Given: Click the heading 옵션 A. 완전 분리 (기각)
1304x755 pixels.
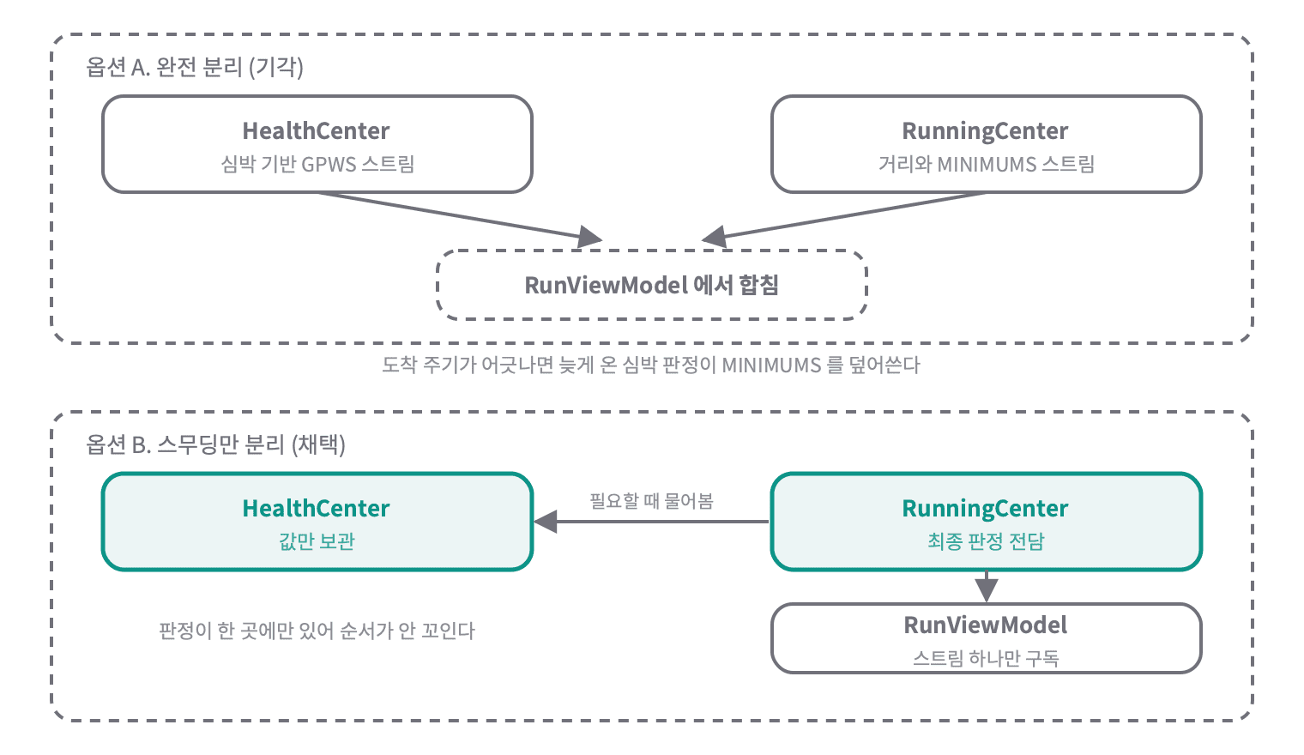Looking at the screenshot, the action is click(x=195, y=67).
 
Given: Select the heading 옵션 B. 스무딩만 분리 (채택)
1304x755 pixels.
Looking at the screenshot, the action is click(x=215, y=444).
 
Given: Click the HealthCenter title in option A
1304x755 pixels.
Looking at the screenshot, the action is click(x=316, y=131).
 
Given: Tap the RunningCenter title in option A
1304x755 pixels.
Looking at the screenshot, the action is click(x=985, y=131).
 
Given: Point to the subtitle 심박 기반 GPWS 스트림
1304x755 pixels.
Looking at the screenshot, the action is click(x=317, y=164).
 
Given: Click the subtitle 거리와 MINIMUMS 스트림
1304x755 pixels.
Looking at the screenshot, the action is click(x=987, y=164).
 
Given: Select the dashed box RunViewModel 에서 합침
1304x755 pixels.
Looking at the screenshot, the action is click(x=652, y=285).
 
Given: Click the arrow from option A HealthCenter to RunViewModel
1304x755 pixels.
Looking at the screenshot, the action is click(x=460, y=215).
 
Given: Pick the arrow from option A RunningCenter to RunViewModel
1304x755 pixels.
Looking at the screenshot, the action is click(x=843, y=215).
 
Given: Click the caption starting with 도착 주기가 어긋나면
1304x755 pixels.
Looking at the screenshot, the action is click(x=651, y=365).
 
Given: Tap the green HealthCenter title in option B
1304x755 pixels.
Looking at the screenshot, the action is click(x=316, y=508).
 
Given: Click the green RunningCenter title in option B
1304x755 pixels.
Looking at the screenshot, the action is click(x=985, y=508).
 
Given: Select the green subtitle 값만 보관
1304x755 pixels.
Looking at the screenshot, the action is click(x=317, y=541).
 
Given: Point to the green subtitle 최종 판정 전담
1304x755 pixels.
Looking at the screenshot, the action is click(x=987, y=541).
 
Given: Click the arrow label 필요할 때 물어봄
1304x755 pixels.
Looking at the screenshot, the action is click(x=651, y=501).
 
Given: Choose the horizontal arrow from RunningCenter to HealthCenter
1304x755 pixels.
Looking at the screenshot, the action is click(x=651, y=522).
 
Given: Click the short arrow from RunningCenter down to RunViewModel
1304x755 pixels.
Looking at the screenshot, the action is click(x=987, y=586).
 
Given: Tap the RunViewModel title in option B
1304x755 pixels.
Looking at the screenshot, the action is click(x=985, y=625).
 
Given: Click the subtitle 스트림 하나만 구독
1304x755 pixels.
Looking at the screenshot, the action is click(x=987, y=658).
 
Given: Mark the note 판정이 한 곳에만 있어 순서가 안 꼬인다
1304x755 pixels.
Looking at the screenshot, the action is click(x=317, y=631).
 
